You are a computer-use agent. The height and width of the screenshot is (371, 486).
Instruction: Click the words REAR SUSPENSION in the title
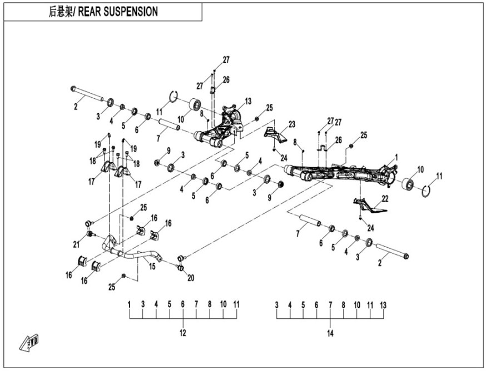click(118, 12)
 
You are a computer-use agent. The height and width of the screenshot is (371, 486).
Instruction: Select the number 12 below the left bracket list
click(182, 333)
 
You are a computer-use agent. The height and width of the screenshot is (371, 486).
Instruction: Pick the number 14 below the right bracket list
click(330, 333)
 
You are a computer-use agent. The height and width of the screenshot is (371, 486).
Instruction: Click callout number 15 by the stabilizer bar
click(152, 267)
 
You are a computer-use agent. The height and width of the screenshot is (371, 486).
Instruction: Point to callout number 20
click(192, 277)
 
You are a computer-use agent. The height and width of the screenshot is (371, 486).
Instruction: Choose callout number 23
click(291, 124)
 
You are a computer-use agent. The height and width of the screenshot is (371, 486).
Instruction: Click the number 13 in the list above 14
click(383, 305)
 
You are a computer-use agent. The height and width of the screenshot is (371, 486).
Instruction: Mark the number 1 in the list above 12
click(129, 304)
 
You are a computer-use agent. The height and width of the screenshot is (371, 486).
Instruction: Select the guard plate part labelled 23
click(275, 135)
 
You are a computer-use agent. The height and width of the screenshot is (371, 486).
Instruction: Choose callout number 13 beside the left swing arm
click(248, 101)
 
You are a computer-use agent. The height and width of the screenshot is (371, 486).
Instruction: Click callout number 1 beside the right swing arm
click(396, 157)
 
